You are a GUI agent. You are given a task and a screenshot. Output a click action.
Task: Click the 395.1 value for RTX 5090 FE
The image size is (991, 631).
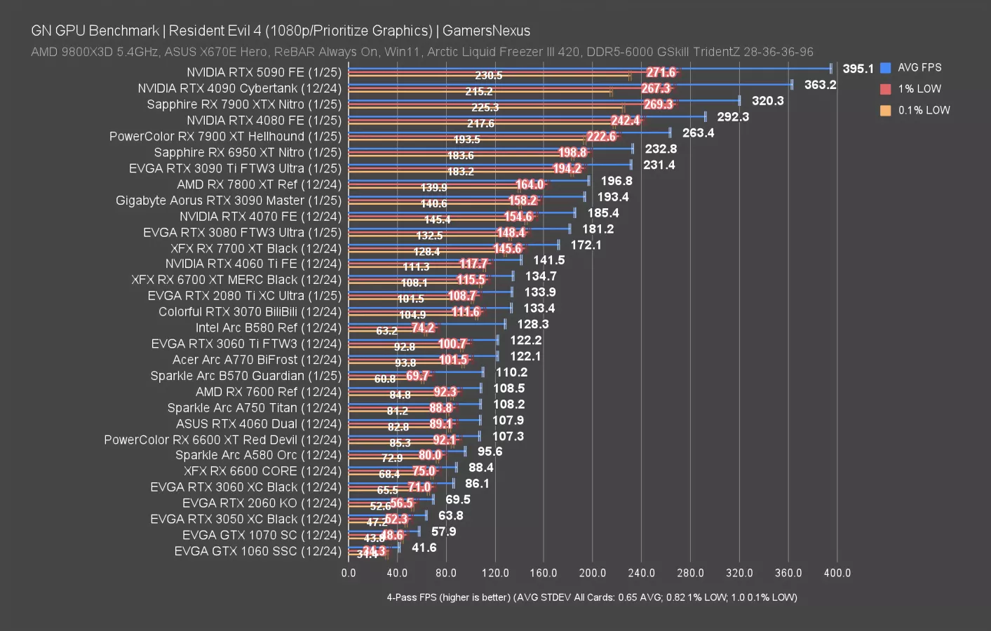click(858, 69)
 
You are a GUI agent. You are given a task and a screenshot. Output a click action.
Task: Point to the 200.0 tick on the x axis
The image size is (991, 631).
click(593, 573)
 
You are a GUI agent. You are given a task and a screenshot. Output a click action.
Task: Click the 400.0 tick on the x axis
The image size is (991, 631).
click(837, 573)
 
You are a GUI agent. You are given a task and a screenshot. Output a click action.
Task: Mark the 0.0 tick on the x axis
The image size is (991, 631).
click(349, 573)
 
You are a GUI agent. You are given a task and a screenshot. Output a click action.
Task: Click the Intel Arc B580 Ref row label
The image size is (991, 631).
click(268, 328)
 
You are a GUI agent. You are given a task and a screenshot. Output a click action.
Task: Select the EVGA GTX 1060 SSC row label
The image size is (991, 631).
click(257, 551)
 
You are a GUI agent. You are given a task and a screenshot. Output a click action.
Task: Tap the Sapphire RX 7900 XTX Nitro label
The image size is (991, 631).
click(243, 104)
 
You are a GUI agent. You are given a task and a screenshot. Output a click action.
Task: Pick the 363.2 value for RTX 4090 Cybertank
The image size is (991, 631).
click(820, 85)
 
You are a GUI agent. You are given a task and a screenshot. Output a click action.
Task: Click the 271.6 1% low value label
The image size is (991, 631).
click(661, 73)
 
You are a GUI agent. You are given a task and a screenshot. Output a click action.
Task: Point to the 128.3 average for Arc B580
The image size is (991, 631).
click(533, 325)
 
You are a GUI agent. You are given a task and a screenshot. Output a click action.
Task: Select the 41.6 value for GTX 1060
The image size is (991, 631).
click(424, 548)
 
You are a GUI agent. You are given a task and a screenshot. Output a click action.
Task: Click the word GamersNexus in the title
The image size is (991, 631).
click(486, 31)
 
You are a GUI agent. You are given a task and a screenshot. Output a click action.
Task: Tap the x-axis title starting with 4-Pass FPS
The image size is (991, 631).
click(591, 597)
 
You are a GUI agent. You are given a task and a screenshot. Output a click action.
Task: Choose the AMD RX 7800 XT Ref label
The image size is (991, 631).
click(259, 184)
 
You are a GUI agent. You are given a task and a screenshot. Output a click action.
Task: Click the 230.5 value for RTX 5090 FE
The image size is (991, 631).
click(488, 76)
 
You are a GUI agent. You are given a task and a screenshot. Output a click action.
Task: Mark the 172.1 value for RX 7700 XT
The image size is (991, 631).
click(586, 245)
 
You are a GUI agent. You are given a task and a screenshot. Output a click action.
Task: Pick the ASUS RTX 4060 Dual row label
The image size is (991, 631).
click(258, 424)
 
